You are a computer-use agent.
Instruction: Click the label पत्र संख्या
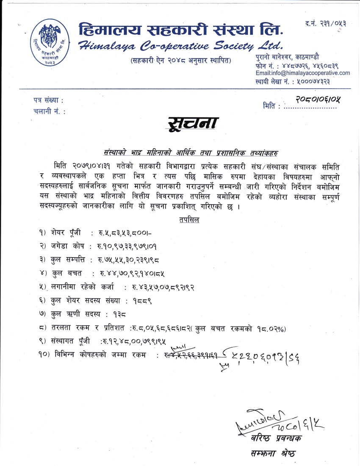click(x=48, y=101)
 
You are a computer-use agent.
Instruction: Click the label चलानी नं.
click(x=49, y=112)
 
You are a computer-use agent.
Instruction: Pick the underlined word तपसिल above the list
click(x=187, y=220)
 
